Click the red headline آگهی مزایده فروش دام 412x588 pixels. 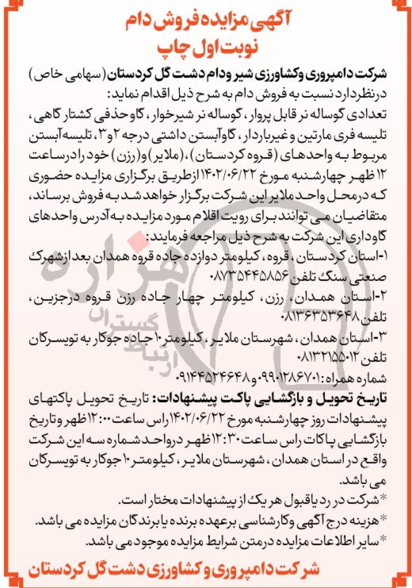207,17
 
